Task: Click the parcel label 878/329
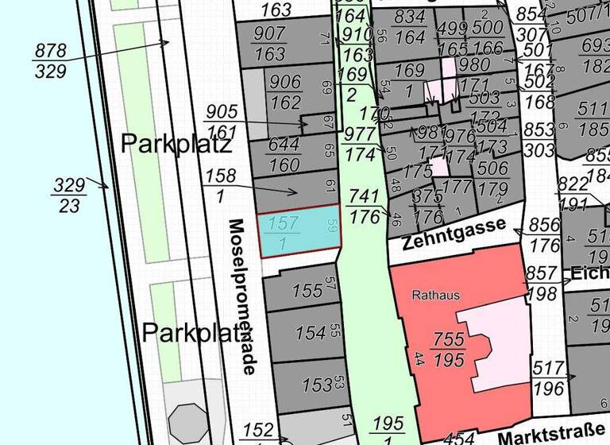[50, 59]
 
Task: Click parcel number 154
[311, 332]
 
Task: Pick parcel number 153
[317, 385]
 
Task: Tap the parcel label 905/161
[222, 120]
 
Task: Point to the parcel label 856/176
[545, 234]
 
